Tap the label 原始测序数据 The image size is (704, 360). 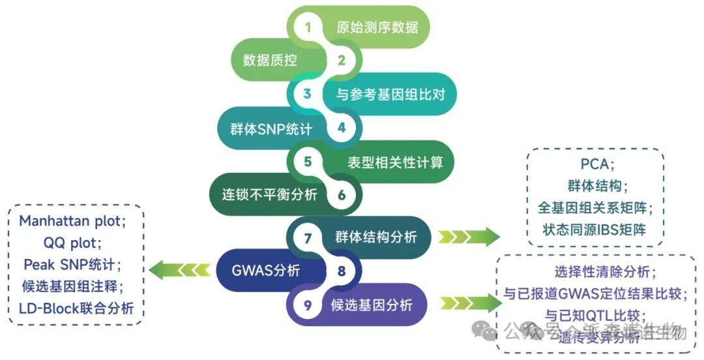tap(377, 27)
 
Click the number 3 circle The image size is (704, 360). tap(308, 94)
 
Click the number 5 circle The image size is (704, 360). tap(308, 161)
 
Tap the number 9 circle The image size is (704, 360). tap(308, 304)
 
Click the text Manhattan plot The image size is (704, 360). tap(70, 222)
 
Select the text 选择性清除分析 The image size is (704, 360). tap(594, 273)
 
